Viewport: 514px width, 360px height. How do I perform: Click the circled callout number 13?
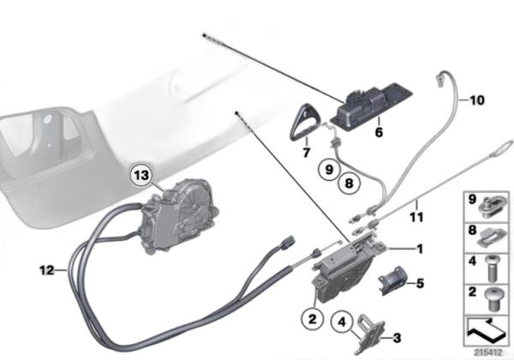coord(142,176)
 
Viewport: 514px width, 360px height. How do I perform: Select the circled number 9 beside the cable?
coord(329,170)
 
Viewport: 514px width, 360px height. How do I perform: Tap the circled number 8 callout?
coord(350,183)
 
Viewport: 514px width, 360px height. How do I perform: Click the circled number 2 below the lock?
coord(312,318)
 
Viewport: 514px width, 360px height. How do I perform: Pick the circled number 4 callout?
coord(342,322)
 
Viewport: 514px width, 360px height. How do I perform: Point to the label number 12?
coord(46,271)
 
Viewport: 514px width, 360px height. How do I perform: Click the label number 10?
coord(477,100)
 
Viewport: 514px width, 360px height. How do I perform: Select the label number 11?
coord(416,217)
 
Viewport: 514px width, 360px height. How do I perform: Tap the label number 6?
coord(379,132)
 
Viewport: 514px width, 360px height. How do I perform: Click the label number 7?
coord(306,152)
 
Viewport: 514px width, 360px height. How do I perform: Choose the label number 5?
coord(420,283)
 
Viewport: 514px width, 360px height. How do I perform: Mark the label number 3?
coord(397,338)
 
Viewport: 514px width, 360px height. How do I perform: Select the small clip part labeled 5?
coord(392,280)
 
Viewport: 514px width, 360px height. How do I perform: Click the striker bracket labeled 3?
coord(370,334)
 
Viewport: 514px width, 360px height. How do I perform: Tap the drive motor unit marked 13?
coord(176,216)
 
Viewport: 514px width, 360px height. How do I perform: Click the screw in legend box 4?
coord(492,269)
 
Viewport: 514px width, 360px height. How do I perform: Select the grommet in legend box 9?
coord(491,205)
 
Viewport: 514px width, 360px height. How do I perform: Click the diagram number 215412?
coord(488,353)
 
